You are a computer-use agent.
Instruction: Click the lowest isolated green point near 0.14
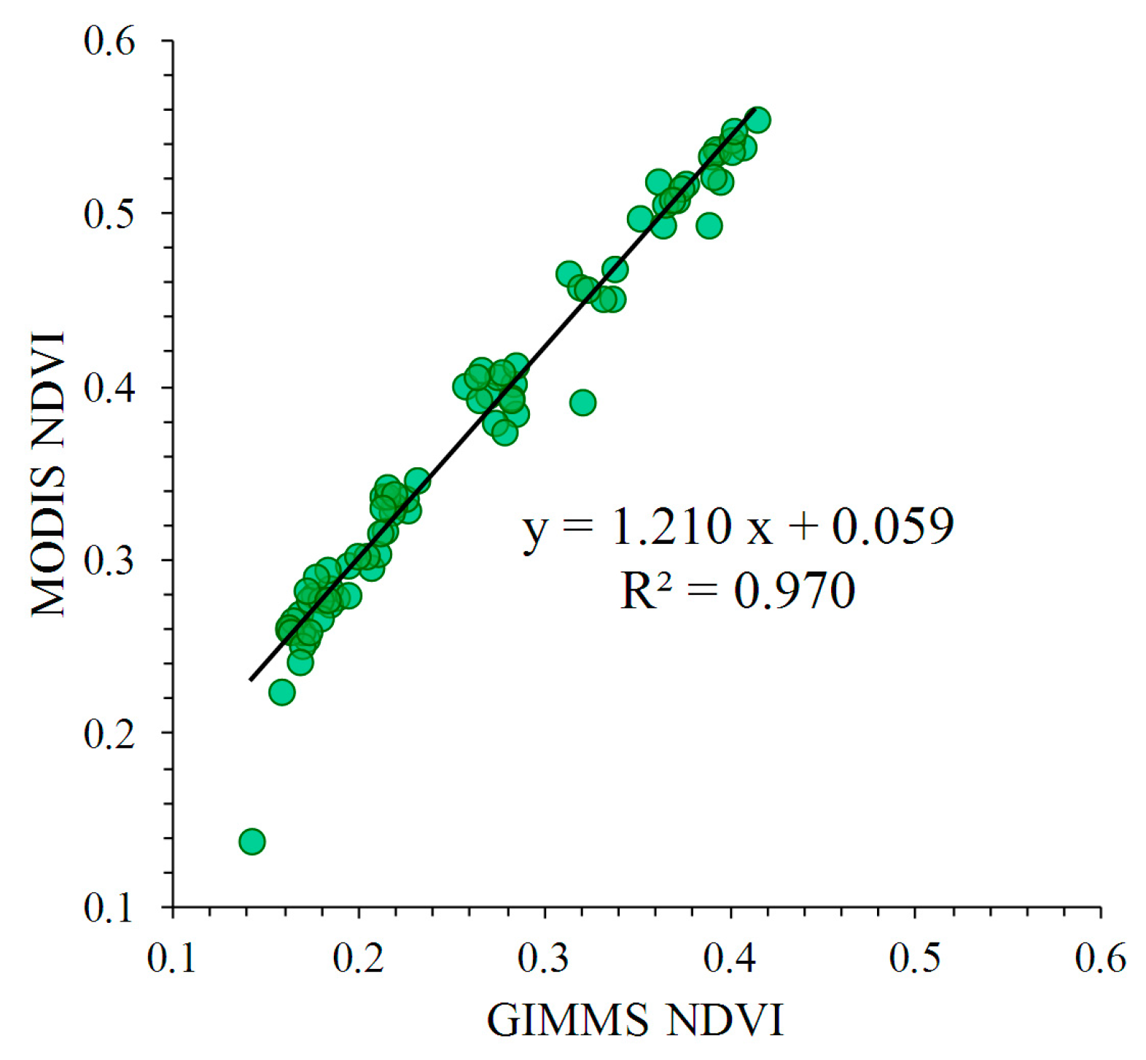point(252,841)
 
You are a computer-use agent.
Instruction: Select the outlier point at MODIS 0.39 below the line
point(582,402)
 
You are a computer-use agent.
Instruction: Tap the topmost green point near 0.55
point(758,120)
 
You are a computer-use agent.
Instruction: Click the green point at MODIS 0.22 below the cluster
point(282,692)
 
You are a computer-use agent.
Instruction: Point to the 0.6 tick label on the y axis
point(110,42)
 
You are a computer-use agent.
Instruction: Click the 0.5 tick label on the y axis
point(110,214)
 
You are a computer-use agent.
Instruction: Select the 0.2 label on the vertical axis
point(110,733)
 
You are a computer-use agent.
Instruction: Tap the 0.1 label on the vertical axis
point(110,908)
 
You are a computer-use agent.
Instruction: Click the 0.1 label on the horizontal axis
point(172,958)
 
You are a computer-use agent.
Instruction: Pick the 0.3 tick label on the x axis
point(544,958)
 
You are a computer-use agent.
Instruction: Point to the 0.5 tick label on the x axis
point(915,958)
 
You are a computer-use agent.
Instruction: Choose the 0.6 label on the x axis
point(1100,958)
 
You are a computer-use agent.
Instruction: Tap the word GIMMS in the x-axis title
point(567,1020)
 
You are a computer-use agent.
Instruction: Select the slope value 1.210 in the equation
point(671,526)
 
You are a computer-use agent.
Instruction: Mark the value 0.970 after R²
point(794,591)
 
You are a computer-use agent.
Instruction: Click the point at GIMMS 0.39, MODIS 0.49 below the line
point(709,226)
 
